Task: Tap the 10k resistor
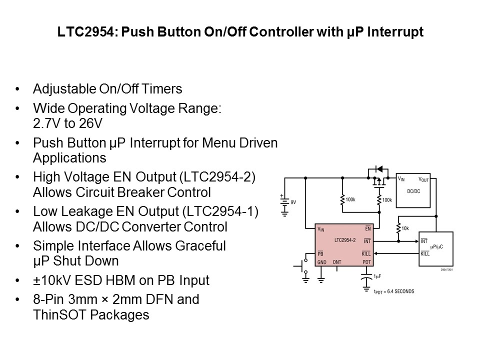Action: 398,228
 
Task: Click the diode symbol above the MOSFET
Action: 378,169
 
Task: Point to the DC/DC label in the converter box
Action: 413,191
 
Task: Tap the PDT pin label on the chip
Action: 366,261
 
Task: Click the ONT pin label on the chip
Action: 337,261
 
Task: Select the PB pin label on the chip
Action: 320,253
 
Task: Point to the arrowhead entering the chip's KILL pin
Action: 377,253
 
